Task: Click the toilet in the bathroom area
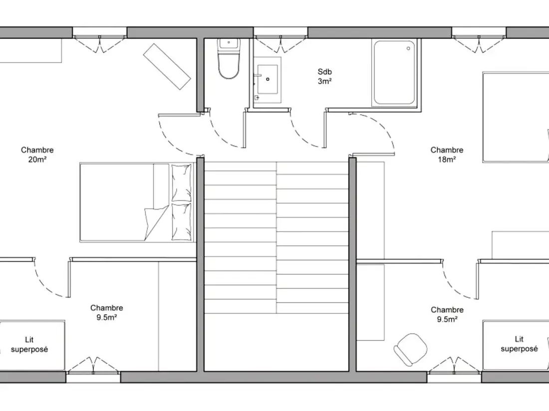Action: [229, 58]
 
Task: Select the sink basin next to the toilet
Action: [268, 79]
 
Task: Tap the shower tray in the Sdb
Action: [394, 72]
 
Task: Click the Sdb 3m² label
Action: [324, 76]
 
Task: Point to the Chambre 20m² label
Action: [37, 154]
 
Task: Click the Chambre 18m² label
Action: [447, 154]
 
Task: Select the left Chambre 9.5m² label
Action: [106, 312]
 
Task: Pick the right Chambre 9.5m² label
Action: [447, 314]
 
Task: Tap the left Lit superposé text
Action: [29, 344]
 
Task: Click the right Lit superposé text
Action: [519, 344]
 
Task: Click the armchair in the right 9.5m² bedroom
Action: [410, 349]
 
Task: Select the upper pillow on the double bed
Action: [181, 183]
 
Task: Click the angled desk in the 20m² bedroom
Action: [167, 66]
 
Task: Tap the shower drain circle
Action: [408, 48]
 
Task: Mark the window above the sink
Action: [280, 32]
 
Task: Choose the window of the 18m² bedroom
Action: [479, 32]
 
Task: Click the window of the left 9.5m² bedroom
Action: [93, 377]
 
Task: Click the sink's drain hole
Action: [268, 79]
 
